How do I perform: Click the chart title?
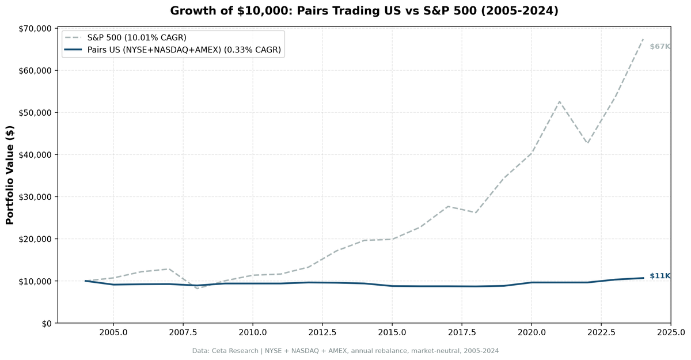pyautogui.click(x=364, y=11)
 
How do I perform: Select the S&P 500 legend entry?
pyautogui.click(x=136, y=37)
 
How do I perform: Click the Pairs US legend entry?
pyautogui.click(x=184, y=50)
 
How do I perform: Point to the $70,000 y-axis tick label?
pyautogui.click(x=36, y=28)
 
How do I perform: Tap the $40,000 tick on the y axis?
pyautogui.click(x=36, y=154)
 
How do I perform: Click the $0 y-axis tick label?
pyautogui.click(x=45, y=323)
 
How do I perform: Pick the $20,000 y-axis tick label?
pyautogui.click(x=36, y=239)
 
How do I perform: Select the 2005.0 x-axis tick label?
pyautogui.click(x=113, y=333)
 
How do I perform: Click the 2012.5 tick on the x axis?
pyautogui.click(x=322, y=333)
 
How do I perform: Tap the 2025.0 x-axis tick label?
pyautogui.click(x=670, y=333)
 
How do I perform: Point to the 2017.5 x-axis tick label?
pyautogui.click(x=461, y=333)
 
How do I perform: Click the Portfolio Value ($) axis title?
pyautogui.click(x=10, y=175)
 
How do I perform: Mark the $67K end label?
pyautogui.click(x=659, y=47)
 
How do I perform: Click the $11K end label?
pyautogui.click(x=659, y=276)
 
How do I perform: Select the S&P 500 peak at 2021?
pyautogui.click(x=559, y=101)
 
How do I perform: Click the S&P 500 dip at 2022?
pyautogui.click(x=587, y=143)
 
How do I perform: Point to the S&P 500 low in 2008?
pyautogui.click(x=197, y=288)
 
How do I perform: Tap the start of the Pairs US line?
pyautogui.click(x=86, y=281)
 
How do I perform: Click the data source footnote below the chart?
pyautogui.click(x=345, y=351)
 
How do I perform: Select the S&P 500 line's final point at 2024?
pyautogui.click(x=643, y=40)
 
